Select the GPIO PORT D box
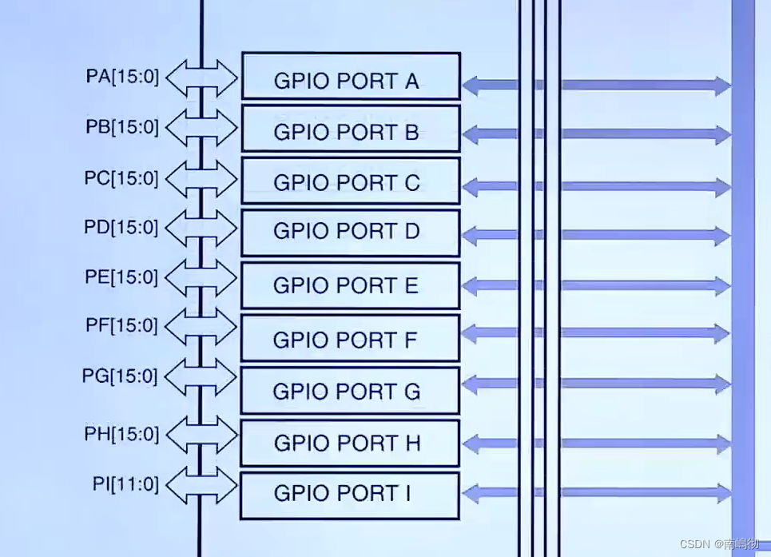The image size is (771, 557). pos(351,233)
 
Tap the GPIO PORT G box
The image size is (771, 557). pos(351,391)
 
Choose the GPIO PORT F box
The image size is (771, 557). pos(351,338)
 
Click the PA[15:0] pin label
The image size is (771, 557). pos(122,78)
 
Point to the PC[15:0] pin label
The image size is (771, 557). pos(121,178)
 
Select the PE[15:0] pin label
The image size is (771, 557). pos(121,278)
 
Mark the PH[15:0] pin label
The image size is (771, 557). pos(121,435)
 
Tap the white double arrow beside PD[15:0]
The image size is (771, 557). pos(203,228)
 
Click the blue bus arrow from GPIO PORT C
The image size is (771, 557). pos(596,188)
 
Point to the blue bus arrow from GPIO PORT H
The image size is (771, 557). pos(596,443)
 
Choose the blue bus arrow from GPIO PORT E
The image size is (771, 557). pos(596,285)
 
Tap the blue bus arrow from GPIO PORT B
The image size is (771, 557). pos(596,135)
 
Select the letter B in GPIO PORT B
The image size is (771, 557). pos(411,133)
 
